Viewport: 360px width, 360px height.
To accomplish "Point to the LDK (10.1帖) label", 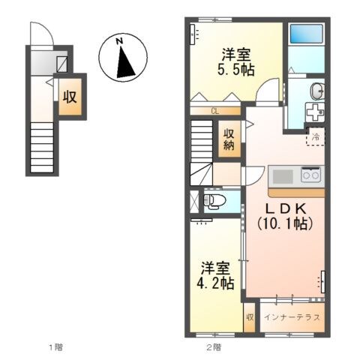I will pos(283,215).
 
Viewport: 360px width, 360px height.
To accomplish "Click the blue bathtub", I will pos(305,34).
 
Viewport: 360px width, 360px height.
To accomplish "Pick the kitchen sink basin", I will pos(283,177).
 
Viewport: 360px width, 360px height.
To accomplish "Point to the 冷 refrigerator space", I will pos(316,137).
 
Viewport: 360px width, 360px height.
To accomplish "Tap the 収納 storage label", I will pos(229,139).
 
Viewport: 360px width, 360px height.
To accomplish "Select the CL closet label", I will pos(215,111).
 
